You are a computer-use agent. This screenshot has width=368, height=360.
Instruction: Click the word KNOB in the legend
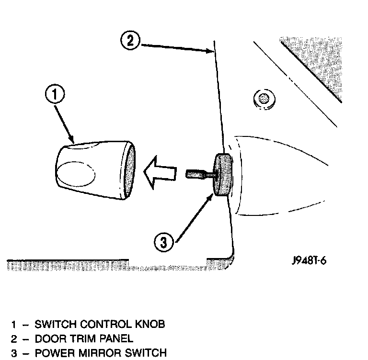[150, 324]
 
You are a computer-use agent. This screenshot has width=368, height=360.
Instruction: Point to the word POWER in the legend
[51, 353]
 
